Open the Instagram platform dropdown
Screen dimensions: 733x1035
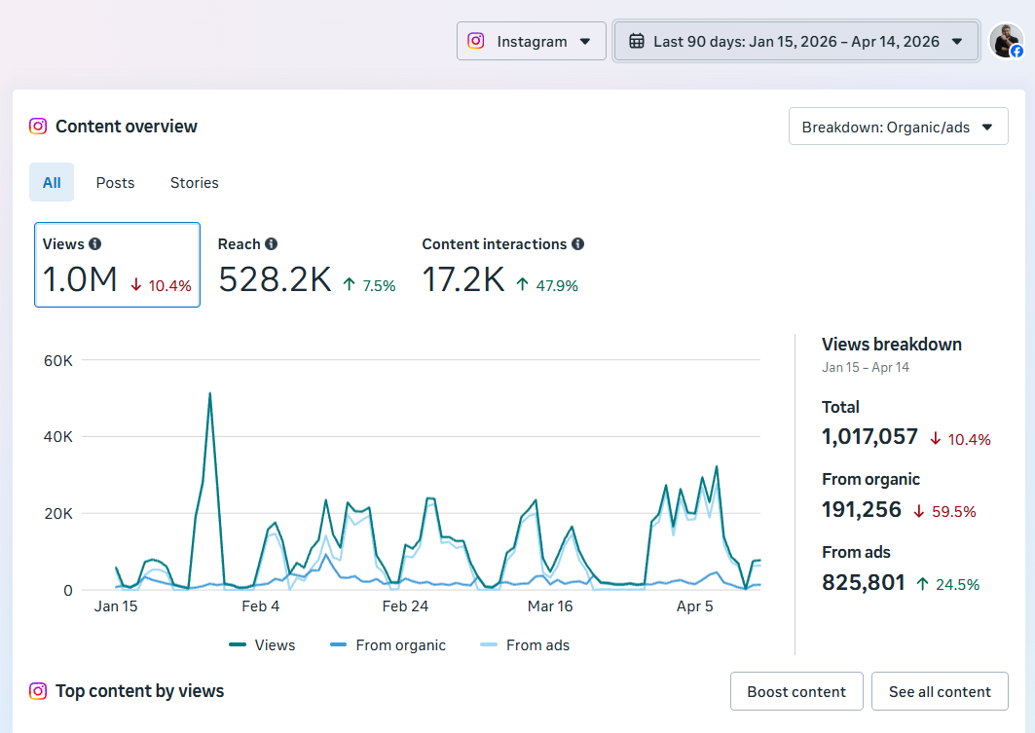pos(531,41)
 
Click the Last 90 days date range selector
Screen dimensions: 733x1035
pos(795,41)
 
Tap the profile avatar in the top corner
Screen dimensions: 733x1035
pos(1006,41)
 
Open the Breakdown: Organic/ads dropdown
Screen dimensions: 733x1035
pos(898,127)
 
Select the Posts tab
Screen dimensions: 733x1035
pos(115,182)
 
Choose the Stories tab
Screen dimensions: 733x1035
pos(194,182)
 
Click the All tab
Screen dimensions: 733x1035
pos(52,182)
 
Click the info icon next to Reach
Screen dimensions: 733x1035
pos(272,244)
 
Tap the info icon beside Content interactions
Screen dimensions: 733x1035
pos(578,244)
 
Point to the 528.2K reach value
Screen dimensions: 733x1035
pos(275,280)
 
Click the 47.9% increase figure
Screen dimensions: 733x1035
pos(558,285)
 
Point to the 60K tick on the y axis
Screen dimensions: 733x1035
pos(58,360)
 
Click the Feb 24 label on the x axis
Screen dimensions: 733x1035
pos(405,606)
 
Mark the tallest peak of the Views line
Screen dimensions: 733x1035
pos(209,393)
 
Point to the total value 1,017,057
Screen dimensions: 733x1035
pos(869,437)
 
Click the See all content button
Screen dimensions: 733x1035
pos(939,691)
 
